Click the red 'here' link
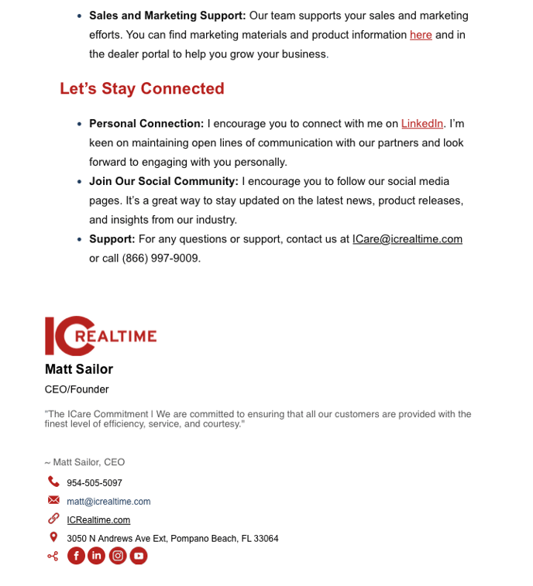[x=421, y=35]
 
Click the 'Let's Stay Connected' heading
[x=142, y=89]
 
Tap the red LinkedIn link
[x=422, y=124]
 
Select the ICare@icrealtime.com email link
[x=407, y=239]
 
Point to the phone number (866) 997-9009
[x=161, y=259]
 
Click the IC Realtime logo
[x=101, y=335]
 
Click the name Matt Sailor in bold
[x=79, y=369]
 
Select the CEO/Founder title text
[x=77, y=389]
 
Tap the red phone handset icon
[x=53, y=481]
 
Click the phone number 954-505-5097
[x=95, y=483]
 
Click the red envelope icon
[x=53, y=500]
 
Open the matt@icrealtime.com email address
[x=108, y=502]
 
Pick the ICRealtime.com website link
[x=98, y=520]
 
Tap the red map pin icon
[x=53, y=537]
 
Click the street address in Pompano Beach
[x=173, y=539]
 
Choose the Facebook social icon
[x=76, y=556]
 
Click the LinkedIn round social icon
[x=96, y=556]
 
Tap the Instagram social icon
[x=117, y=556]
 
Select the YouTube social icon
[x=138, y=556]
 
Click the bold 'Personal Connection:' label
[x=146, y=124]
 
